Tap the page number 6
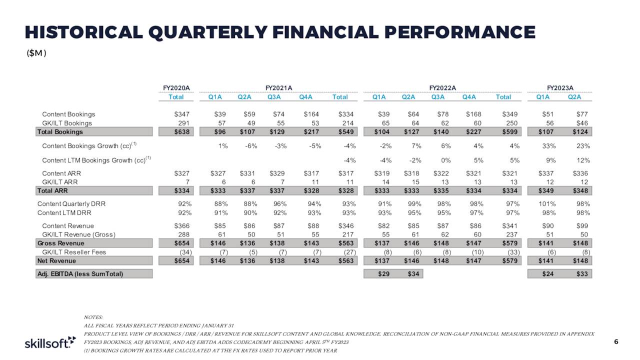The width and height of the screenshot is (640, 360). click(616, 342)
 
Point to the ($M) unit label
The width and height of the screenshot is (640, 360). click(36, 53)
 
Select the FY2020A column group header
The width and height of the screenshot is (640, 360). click(176, 88)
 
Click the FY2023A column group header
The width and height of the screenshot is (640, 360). click(560, 88)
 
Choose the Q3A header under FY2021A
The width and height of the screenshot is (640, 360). click(274, 97)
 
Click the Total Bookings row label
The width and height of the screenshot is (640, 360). click(60, 132)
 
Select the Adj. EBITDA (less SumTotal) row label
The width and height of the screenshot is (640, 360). click(80, 273)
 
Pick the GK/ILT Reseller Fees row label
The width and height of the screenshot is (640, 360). click(74, 252)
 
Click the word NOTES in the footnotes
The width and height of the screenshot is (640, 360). click(93, 317)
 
